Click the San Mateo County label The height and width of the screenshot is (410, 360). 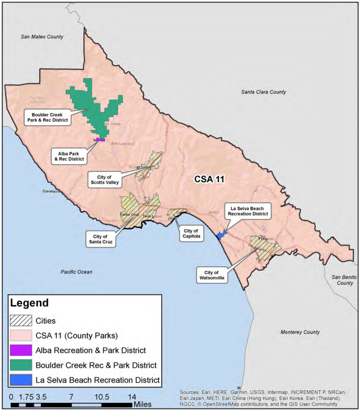[x=42, y=37]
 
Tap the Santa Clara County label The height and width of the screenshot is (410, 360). [x=263, y=92]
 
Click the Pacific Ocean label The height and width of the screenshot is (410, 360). [x=77, y=272]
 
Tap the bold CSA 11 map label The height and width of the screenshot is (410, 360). [x=210, y=179]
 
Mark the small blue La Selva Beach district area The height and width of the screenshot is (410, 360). [x=220, y=235]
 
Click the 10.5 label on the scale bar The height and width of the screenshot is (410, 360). [x=102, y=396]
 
